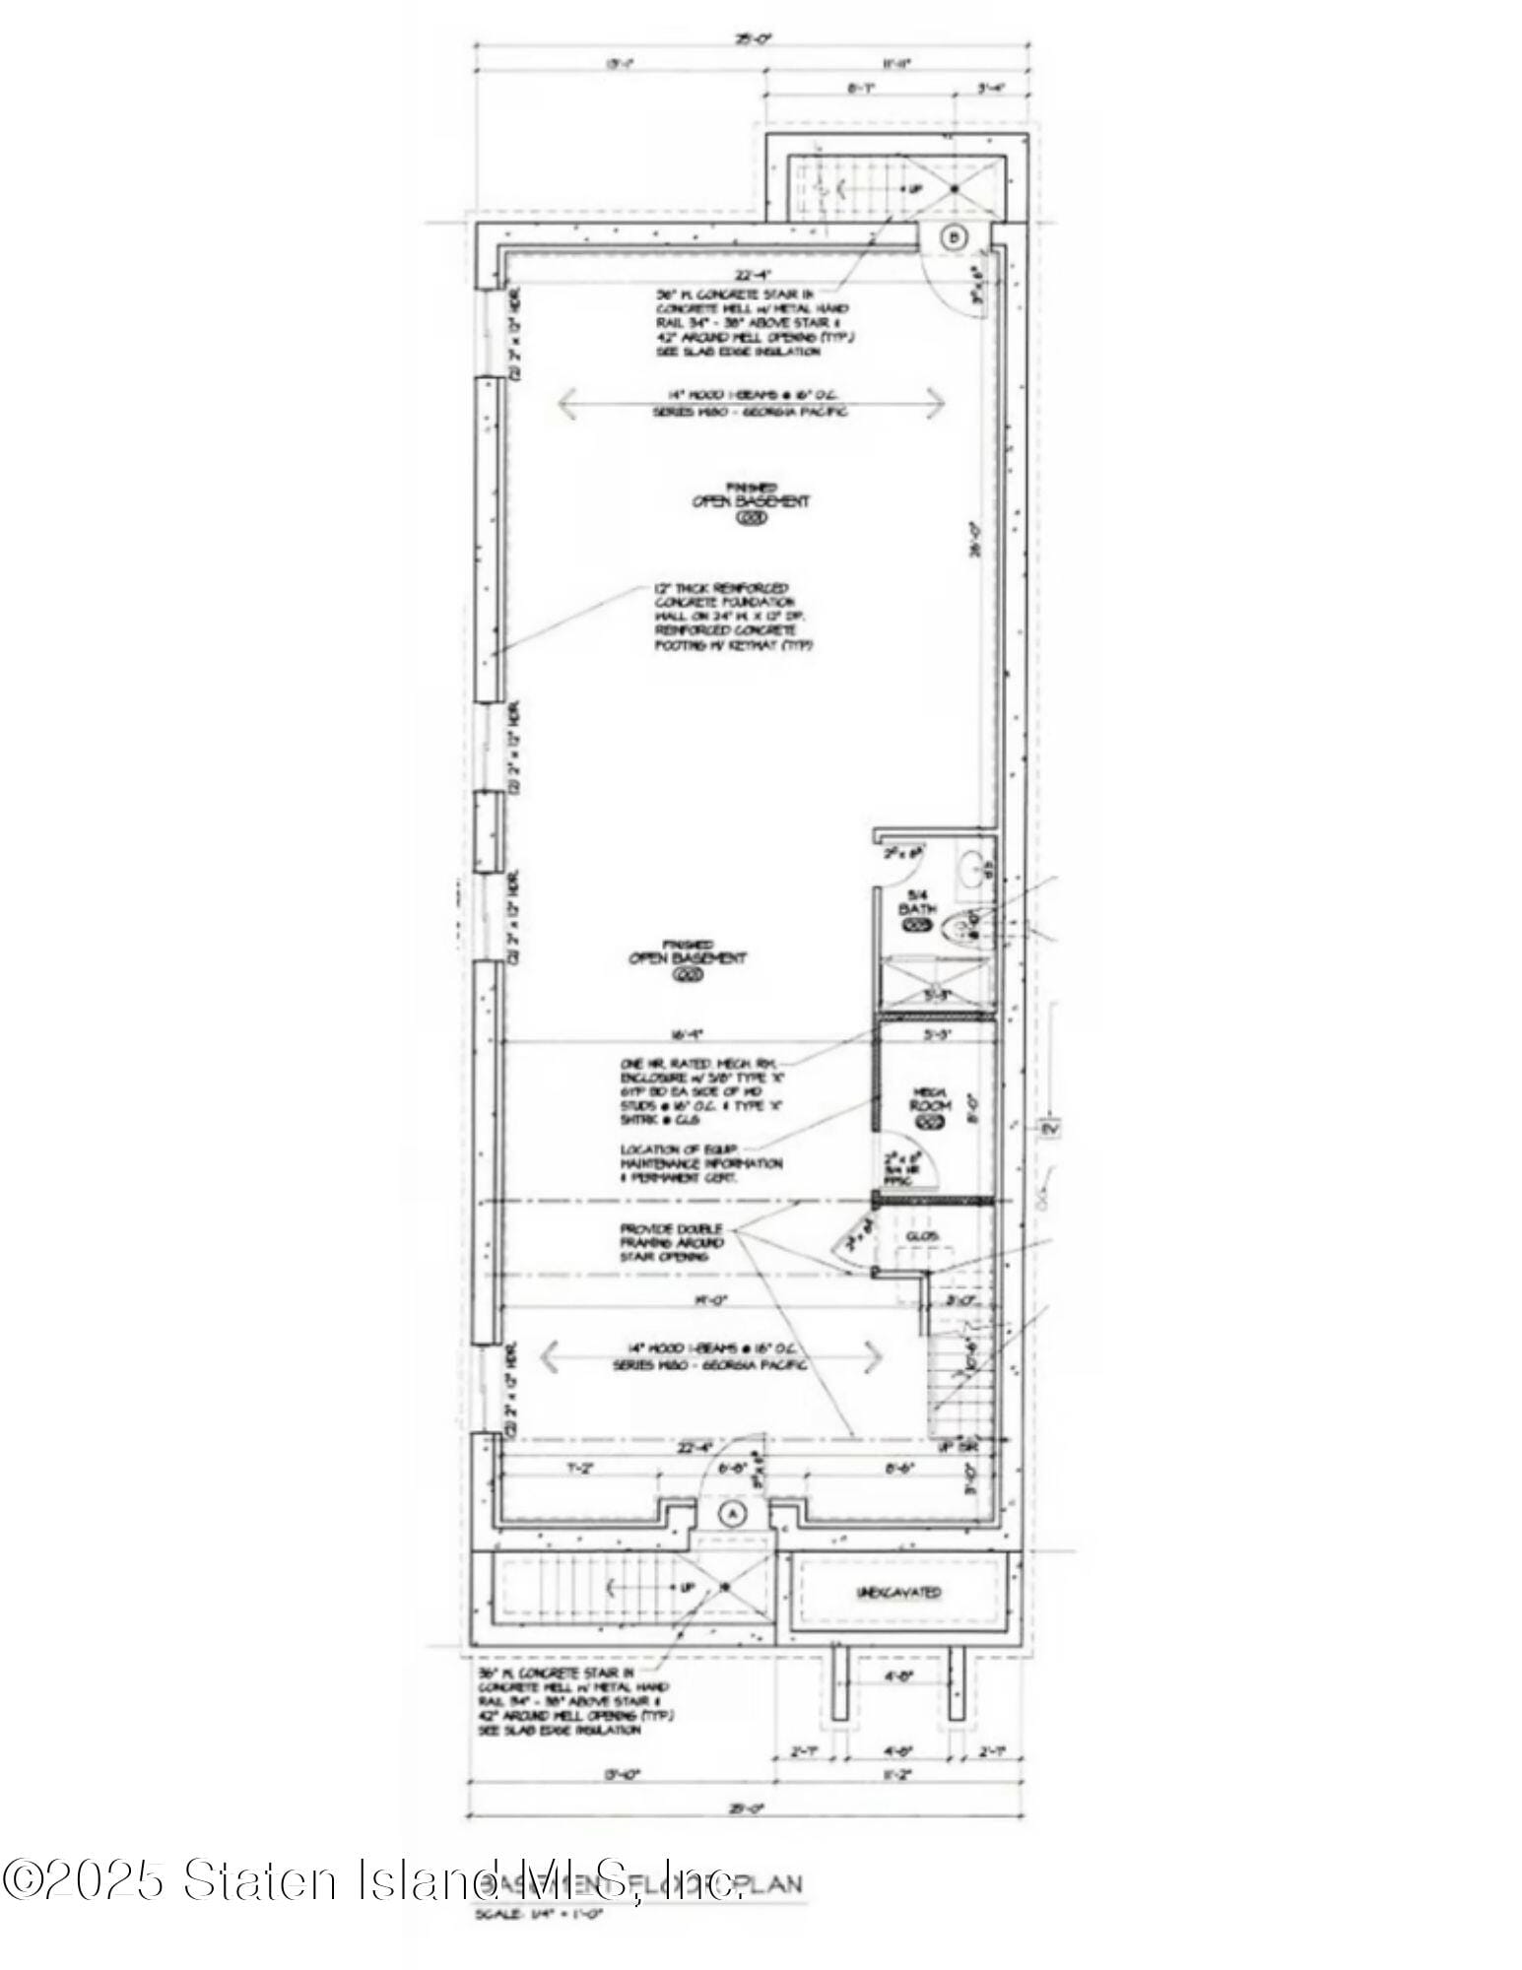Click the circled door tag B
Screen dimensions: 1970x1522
(x=953, y=236)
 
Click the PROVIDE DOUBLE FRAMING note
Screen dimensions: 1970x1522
(x=672, y=1242)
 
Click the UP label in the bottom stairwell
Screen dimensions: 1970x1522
(x=688, y=1588)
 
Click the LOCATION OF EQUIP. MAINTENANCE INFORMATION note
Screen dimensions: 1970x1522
(x=701, y=1163)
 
